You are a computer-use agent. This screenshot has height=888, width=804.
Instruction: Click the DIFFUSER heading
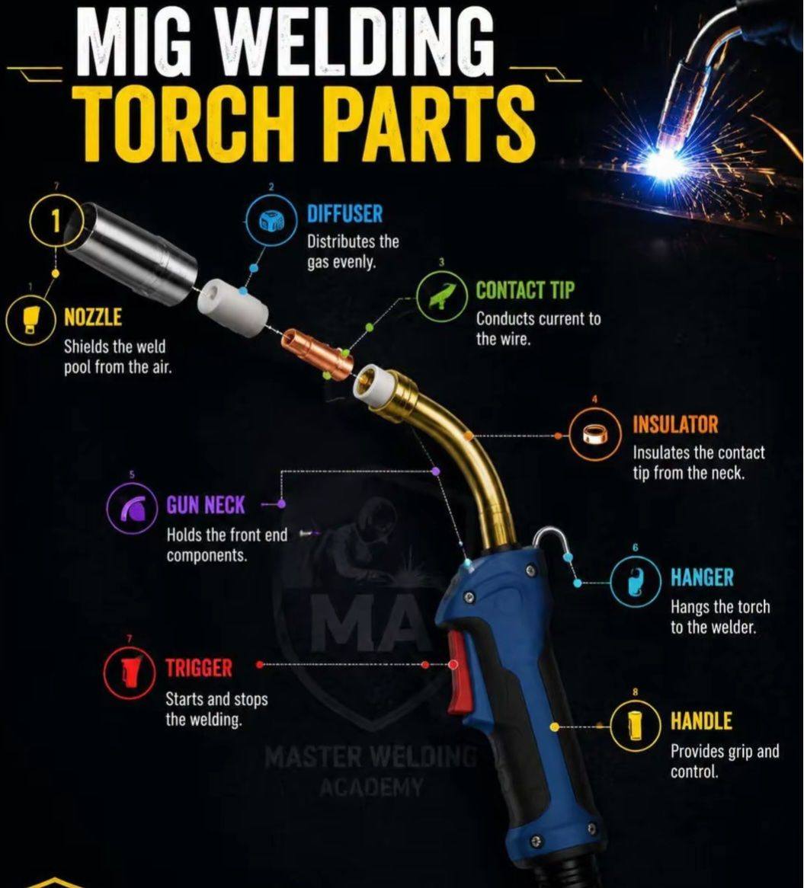coord(344,214)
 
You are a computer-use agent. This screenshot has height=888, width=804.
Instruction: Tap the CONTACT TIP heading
coord(524,290)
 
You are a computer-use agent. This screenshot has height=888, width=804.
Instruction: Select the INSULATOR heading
coord(675,424)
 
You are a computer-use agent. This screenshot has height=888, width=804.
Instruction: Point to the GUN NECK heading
coord(206,505)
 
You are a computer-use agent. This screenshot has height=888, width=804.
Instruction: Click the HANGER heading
coord(702,577)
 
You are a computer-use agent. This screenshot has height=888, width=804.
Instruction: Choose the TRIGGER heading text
coord(199,668)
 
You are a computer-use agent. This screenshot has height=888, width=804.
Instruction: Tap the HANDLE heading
coord(701,721)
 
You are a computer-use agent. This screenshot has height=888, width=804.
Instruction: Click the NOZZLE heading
coord(93,317)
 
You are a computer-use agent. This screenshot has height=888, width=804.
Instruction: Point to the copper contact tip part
coord(318,353)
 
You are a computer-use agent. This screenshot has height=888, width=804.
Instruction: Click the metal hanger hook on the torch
coord(548,541)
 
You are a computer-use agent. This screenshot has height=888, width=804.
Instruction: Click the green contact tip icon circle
coord(442,295)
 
